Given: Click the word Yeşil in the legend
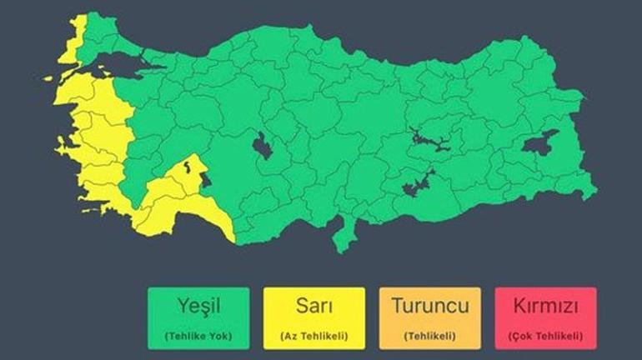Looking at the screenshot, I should [198, 306].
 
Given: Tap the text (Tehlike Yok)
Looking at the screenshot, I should [198, 336].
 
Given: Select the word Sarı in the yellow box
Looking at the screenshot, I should [313, 306].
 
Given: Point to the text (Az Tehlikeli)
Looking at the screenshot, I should [313, 336].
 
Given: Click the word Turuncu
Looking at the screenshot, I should [429, 306].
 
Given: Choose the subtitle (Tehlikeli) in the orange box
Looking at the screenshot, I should [429, 336].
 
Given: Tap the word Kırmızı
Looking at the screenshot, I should [545, 306].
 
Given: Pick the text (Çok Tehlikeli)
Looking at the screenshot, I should [545, 336].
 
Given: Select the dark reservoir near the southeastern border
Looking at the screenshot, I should [417, 183].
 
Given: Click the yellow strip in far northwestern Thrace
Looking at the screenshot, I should [78, 33].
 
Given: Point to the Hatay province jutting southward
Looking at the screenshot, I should [341, 237].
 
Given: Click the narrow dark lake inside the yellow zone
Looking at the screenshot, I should [191, 166].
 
